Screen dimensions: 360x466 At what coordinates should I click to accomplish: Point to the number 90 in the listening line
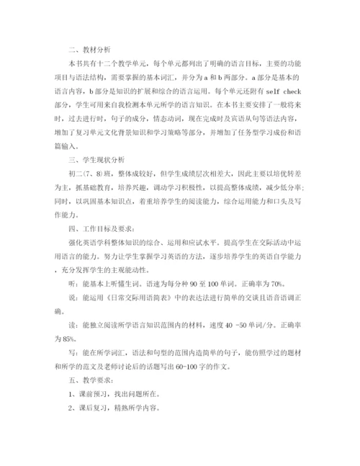click(215, 282)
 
